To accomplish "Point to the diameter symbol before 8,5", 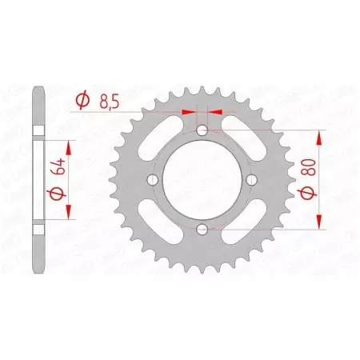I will tap(82, 100).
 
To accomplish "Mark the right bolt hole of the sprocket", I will tap(252, 181).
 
